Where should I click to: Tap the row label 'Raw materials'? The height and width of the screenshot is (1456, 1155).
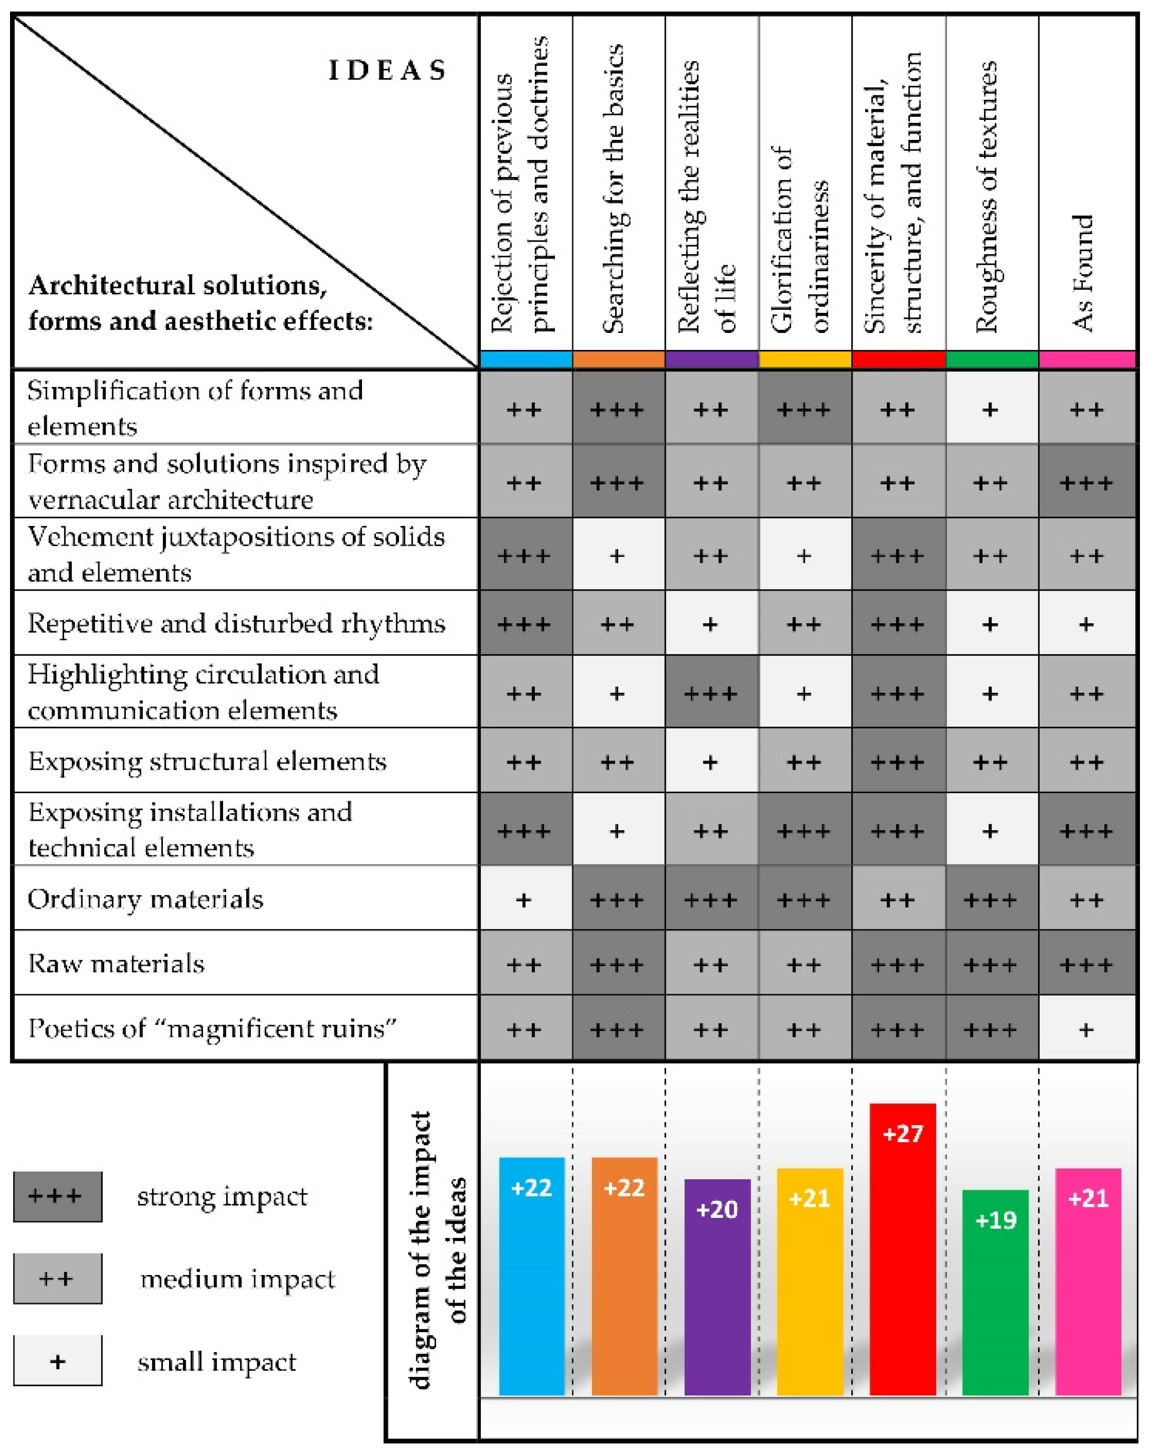(x=116, y=964)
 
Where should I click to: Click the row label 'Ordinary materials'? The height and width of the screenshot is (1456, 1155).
(x=145, y=899)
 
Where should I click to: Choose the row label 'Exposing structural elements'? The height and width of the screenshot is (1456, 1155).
(x=207, y=762)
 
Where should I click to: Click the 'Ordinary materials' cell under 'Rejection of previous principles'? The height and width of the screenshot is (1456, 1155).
(x=524, y=899)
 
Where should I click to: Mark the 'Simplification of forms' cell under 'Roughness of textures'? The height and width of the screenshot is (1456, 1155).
(x=990, y=409)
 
